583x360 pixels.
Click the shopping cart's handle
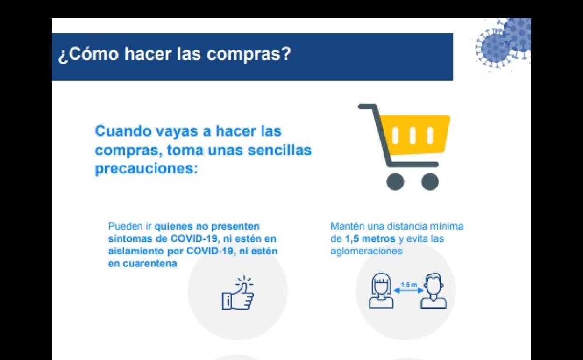[368, 107]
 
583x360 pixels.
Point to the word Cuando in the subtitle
[123, 131]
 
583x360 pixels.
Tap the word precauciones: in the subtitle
[146, 169]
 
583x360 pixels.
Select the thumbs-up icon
[238, 293]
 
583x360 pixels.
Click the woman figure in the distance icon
[381, 290]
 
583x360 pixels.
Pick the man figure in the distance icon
[434, 290]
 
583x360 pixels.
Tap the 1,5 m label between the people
[409, 285]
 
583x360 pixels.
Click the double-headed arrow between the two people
[409, 290]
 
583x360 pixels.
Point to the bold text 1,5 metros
[370, 239]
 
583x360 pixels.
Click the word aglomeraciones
[366, 252]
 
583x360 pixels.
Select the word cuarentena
[150, 264]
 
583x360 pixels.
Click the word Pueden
[125, 226]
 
